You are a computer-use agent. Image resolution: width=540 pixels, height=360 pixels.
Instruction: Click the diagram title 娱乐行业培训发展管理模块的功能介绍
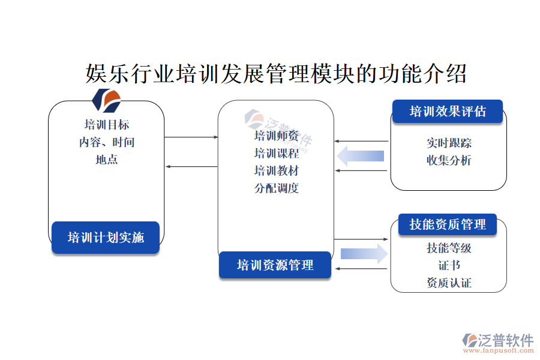click(x=276, y=75)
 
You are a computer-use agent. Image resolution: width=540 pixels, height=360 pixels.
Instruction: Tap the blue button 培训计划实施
click(x=106, y=237)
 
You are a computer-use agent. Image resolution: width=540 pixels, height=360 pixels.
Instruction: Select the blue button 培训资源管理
click(x=275, y=265)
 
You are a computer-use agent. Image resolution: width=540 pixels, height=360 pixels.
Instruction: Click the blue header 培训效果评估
click(x=447, y=112)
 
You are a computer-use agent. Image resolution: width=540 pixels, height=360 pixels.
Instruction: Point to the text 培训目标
click(x=107, y=124)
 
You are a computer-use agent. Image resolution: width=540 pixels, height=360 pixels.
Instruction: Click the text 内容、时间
click(x=107, y=142)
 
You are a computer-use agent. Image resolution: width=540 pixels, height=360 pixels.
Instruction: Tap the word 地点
click(x=107, y=160)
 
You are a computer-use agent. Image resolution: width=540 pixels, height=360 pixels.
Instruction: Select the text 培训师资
click(x=276, y=136)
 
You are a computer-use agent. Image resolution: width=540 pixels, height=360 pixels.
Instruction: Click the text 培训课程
click(x=276, y=153)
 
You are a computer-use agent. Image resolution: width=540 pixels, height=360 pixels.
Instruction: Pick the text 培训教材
click(x=276, y=170)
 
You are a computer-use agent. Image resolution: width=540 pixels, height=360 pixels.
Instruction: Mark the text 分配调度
click(x=276, y=188)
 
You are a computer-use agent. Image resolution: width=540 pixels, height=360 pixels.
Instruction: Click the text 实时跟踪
click(x=449, y=143)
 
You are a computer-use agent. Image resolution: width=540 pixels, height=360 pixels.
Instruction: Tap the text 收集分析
click(x=449, y=160)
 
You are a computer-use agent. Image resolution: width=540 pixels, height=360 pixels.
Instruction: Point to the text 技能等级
click(x=449, y=248)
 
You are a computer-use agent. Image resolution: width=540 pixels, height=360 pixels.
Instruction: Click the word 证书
click(x=449, y=265)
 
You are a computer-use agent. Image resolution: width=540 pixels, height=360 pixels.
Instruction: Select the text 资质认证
click(x=449, y=283)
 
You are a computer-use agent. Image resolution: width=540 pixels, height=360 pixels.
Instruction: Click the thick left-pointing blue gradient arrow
click(x=361, y=156)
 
